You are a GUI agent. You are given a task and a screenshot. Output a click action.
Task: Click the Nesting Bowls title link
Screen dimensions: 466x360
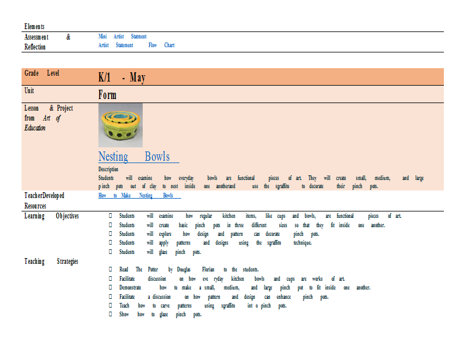pyautogui.click(x=139, y=157)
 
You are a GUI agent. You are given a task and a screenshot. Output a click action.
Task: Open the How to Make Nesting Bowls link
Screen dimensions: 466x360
pyautogui.click(x=139, y=195)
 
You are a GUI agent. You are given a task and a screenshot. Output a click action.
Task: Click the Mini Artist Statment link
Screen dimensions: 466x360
pyautogui.click(x=122, y=36)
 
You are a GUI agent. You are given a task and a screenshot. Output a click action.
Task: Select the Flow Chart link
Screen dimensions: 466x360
pyautogui.click(x=161, y=45)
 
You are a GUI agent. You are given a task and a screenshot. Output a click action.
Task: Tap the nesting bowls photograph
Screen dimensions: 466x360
pyautogui.click(x=121, y=125)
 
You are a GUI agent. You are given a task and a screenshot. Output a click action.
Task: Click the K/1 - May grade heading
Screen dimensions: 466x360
pyautogui.click(x=122, y=77)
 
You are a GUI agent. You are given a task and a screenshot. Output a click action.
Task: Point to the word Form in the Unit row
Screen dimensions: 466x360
pyautogui.click(x=107, y=95)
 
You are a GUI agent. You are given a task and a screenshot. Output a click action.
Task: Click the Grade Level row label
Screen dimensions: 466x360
pyautogui.click(x=42, y=73)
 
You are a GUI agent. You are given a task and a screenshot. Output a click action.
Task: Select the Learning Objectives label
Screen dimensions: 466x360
pyautogui.click(x=51, y=216)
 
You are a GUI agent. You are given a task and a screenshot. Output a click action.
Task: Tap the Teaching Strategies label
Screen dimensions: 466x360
pyautogui.click(x=51, y=262)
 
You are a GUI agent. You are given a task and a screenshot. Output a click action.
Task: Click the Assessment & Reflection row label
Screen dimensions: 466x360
pyautogui.click(x=48, y=42)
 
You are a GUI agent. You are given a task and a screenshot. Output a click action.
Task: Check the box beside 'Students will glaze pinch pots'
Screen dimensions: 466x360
pyautogui.click(x=110, y=252)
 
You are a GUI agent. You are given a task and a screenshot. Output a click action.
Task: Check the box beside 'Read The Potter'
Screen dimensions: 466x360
pyautogui.click(x=110, y=269)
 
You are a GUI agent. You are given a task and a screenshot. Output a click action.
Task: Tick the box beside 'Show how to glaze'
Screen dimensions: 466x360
pyautogui.click(x=110, y=314)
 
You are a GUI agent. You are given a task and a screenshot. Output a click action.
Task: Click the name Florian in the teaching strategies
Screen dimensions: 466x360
pyautogui.click(x=208, y=269)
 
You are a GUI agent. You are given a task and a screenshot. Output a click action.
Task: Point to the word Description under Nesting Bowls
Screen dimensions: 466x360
pyautogui.click(x=108, y=169)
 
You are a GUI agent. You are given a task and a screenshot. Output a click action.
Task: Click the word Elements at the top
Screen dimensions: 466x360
pyautogui.click(x=34, y=26)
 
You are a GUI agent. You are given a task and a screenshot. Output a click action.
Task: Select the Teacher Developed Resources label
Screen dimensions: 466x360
pyautogui.click(x=44, y=200)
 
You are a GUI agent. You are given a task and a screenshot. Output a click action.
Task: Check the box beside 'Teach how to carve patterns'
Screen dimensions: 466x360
pyautogui.click(x=110, y=305)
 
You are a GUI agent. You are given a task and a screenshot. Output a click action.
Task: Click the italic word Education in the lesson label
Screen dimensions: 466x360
pyautogui.click(x=35, y=128)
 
